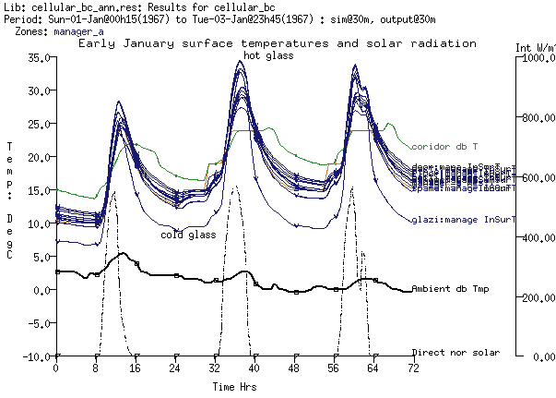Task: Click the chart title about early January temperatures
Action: point(278,43)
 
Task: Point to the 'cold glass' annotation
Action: point(188,235)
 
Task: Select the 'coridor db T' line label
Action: point(444,146)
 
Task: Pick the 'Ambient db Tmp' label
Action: point(450,290)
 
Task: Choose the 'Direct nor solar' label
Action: point(455,353)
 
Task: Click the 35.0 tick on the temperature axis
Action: point(36,57)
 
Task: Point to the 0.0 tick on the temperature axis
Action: point(39,290)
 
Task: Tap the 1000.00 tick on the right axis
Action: point(534,57)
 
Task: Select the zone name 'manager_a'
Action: point(79,31)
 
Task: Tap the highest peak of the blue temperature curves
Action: point(241,61)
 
